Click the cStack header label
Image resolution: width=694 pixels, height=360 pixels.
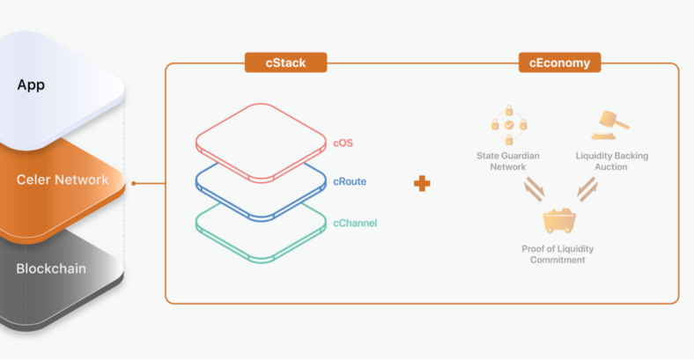coord(285,62)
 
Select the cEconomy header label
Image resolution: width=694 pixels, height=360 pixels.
coord(559,62)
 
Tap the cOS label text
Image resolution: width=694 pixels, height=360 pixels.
coord(343,143)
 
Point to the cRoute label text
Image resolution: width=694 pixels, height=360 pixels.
coord(350,182)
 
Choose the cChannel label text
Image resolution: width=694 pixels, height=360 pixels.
coord(355,223)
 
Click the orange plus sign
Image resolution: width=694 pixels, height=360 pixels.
coord(423,183)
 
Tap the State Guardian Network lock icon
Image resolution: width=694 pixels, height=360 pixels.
coord(509,127)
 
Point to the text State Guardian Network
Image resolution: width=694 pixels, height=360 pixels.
coord(509,161)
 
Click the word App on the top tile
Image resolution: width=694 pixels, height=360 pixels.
coord(30,85)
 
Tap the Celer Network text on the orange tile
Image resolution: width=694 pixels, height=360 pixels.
coord(63,180)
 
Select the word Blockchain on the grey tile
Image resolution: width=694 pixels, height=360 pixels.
coord(51,268)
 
